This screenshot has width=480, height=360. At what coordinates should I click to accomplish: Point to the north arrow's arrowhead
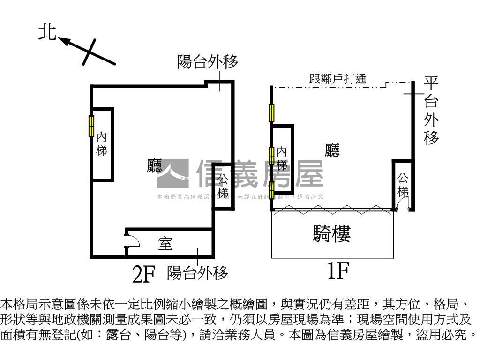point(64,42)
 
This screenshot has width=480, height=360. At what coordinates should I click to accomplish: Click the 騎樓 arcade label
point(332,233)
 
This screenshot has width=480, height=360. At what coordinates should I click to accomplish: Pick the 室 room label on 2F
point(165,244)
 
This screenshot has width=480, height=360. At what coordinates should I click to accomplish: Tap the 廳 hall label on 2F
point(154,165)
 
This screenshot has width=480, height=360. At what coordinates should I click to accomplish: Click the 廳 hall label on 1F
point(332,150)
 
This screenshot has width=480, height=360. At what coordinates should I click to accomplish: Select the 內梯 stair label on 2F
point(102,144)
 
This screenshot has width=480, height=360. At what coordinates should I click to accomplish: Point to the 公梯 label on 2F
point(223,186)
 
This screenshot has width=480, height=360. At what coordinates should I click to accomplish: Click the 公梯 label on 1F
point(403,184)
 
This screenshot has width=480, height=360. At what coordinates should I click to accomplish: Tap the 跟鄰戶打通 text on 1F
point(337,79)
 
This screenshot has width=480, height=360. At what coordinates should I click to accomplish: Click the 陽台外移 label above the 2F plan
point(207,61)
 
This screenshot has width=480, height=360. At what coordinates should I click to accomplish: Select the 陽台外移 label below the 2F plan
point(197,272)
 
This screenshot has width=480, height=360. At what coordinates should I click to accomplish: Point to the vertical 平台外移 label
point(431,111)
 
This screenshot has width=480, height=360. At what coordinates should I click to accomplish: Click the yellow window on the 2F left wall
point(91,126)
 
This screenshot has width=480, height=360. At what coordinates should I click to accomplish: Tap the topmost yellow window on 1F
point(271,112)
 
